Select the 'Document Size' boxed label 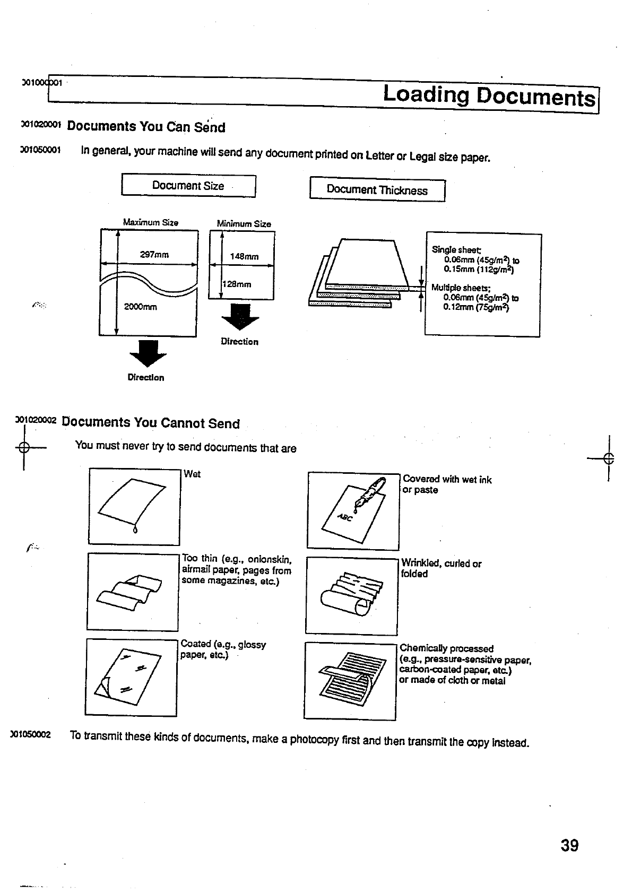pyautogui.click(x=188, y=186)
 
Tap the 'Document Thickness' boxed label pyautogui.click(x=377, y=190)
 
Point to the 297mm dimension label pyautogui.click(x=154, y=255)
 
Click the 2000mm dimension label pyautogui.click(x=141, y=307)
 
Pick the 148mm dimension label pyautogui.click(x=244, y=257)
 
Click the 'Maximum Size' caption pyautogui.click(x=151, y=222)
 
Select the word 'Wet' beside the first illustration pyautogui.click(x=192, y=474)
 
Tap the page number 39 pyautogui.click(x=569, y=845)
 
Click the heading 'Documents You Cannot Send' pyautogui.click(x=151, y=423)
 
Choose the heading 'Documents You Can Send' pyautogui.click(x=146, y=127)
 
